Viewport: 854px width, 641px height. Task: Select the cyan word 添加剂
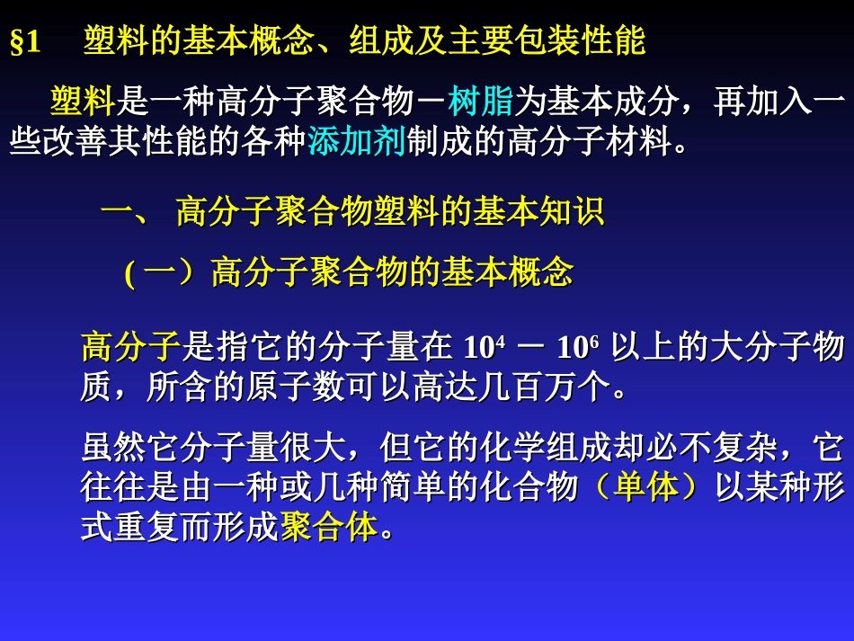coord(356,142)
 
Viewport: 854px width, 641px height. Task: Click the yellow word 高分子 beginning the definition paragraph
coord(131,347)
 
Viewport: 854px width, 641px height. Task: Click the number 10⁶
coord(578,347)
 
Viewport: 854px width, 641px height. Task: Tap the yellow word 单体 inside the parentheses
coord(645,487)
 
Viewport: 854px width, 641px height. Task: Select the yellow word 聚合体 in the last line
coord(329,528)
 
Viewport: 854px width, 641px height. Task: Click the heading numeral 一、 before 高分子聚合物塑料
coord(130,214)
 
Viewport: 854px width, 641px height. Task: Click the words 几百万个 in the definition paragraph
coord(547,388)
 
